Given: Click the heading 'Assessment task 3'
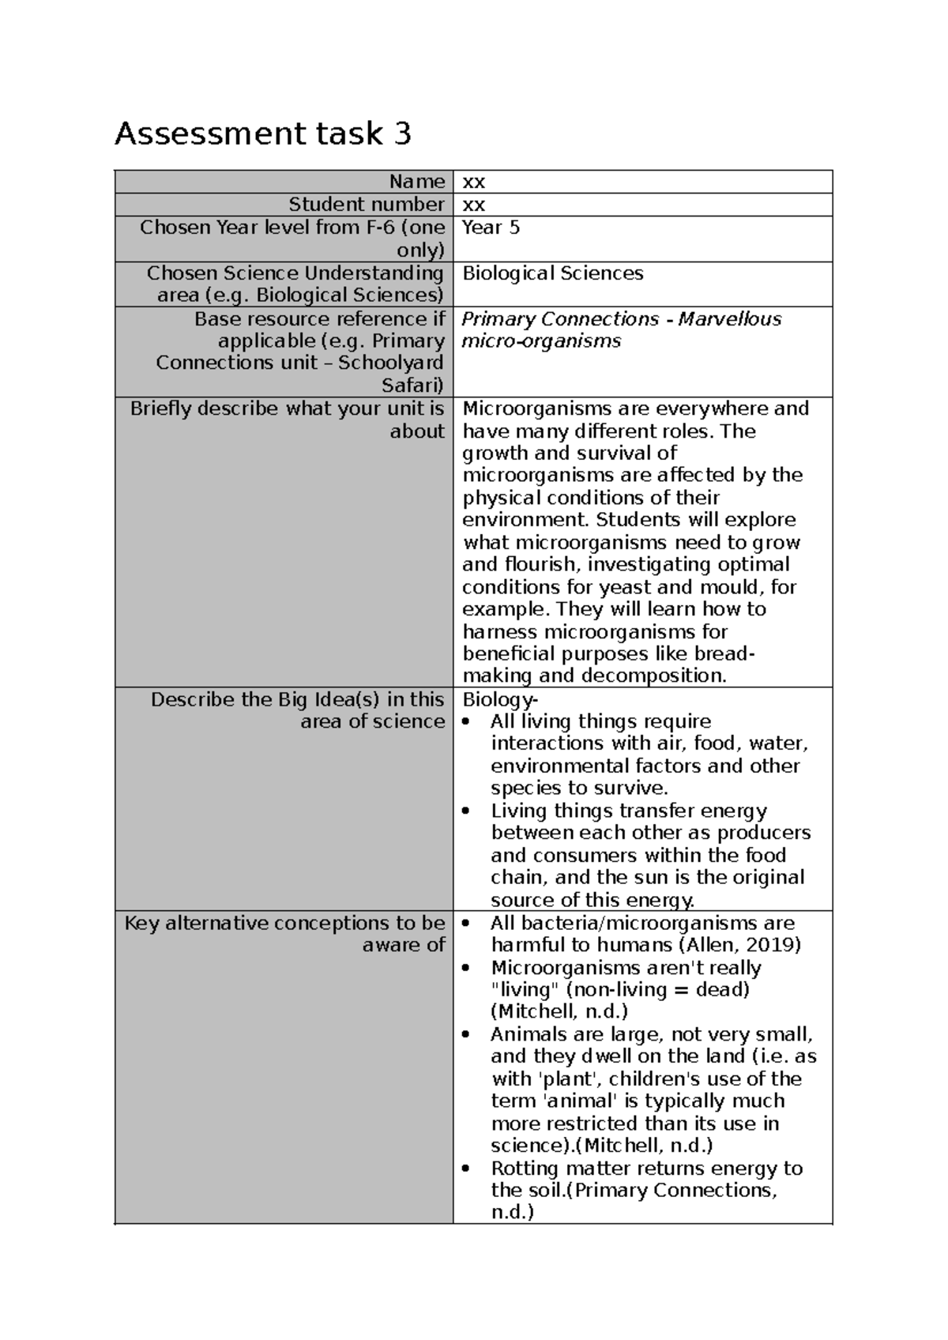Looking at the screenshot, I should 262,134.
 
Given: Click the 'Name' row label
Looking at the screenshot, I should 416,182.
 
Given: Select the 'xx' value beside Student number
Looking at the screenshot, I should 473,205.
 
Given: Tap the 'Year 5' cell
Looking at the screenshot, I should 491,228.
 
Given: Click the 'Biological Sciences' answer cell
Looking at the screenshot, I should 552,273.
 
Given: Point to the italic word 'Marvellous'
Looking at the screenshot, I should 729,319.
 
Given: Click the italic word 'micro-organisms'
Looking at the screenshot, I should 541,341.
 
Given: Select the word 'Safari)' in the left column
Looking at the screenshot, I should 412,386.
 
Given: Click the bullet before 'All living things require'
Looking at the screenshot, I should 469,722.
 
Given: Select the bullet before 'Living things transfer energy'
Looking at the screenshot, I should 469,811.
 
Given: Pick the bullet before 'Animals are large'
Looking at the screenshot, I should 469,1035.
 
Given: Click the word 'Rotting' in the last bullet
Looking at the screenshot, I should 525,1168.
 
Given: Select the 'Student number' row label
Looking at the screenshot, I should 366,205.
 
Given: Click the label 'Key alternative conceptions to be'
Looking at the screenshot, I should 284,923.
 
